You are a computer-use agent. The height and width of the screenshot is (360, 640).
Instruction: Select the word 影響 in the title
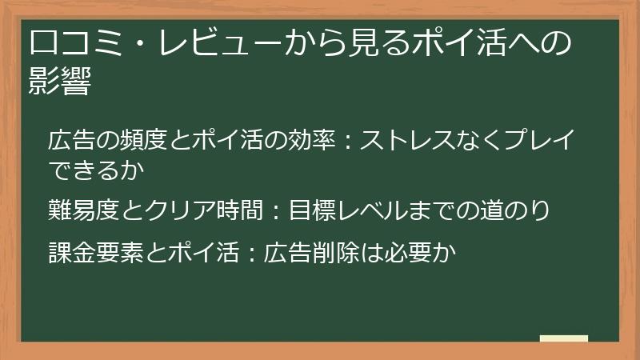[x=58, y=82]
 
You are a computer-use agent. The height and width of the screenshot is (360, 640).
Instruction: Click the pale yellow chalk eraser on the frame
[x=563, y=339]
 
